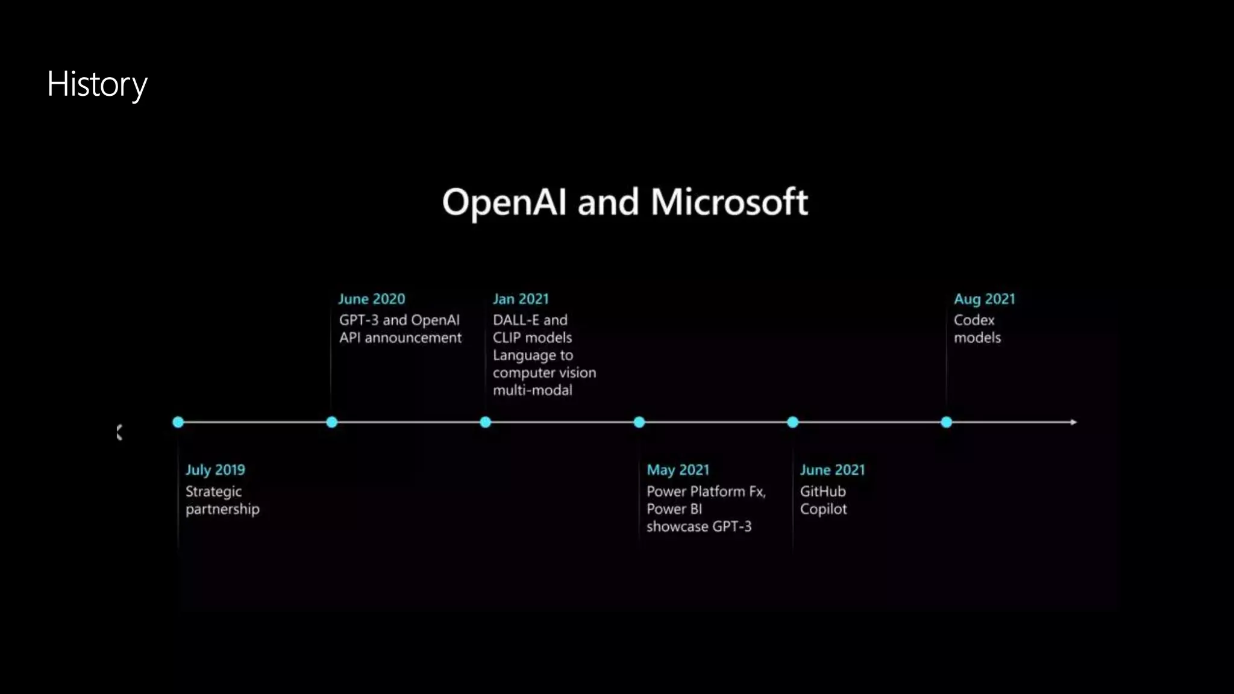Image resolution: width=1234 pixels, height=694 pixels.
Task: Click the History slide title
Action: tap(97, 84)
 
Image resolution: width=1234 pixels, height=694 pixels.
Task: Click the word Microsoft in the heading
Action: tap(729, 202)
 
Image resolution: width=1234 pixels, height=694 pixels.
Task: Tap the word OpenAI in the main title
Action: tap(504, 202)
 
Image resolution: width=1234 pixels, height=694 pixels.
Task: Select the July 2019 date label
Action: tap(215, 470)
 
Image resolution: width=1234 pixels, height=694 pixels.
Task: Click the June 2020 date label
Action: tap(371, 299)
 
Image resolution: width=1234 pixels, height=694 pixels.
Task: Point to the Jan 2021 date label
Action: tap(521, 299)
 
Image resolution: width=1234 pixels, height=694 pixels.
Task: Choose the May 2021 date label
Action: tap(678, 470)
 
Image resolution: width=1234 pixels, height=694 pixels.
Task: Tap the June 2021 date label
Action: tap(832, 470)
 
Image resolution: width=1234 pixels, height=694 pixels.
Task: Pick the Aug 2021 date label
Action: tap(984, 299)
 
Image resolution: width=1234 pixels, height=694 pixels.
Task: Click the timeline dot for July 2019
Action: tap(178, 422)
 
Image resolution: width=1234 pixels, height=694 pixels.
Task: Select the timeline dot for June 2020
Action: tap(331, 422)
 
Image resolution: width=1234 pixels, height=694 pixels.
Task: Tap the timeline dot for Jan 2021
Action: tap(486, 422)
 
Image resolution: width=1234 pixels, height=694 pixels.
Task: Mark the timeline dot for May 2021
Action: tap(639, 422)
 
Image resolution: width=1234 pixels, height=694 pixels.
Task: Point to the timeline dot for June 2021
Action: tap(793, 422)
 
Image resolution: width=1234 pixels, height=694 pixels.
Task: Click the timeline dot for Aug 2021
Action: tap(947, 422)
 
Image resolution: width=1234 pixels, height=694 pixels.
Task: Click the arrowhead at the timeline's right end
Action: tap(1074, 422)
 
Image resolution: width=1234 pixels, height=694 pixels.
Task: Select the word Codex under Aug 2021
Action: tap(974, 320)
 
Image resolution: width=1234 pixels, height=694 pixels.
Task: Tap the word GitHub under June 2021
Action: tap(822, 492)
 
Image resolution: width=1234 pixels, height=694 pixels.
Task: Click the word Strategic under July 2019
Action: tap(213, 492)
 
